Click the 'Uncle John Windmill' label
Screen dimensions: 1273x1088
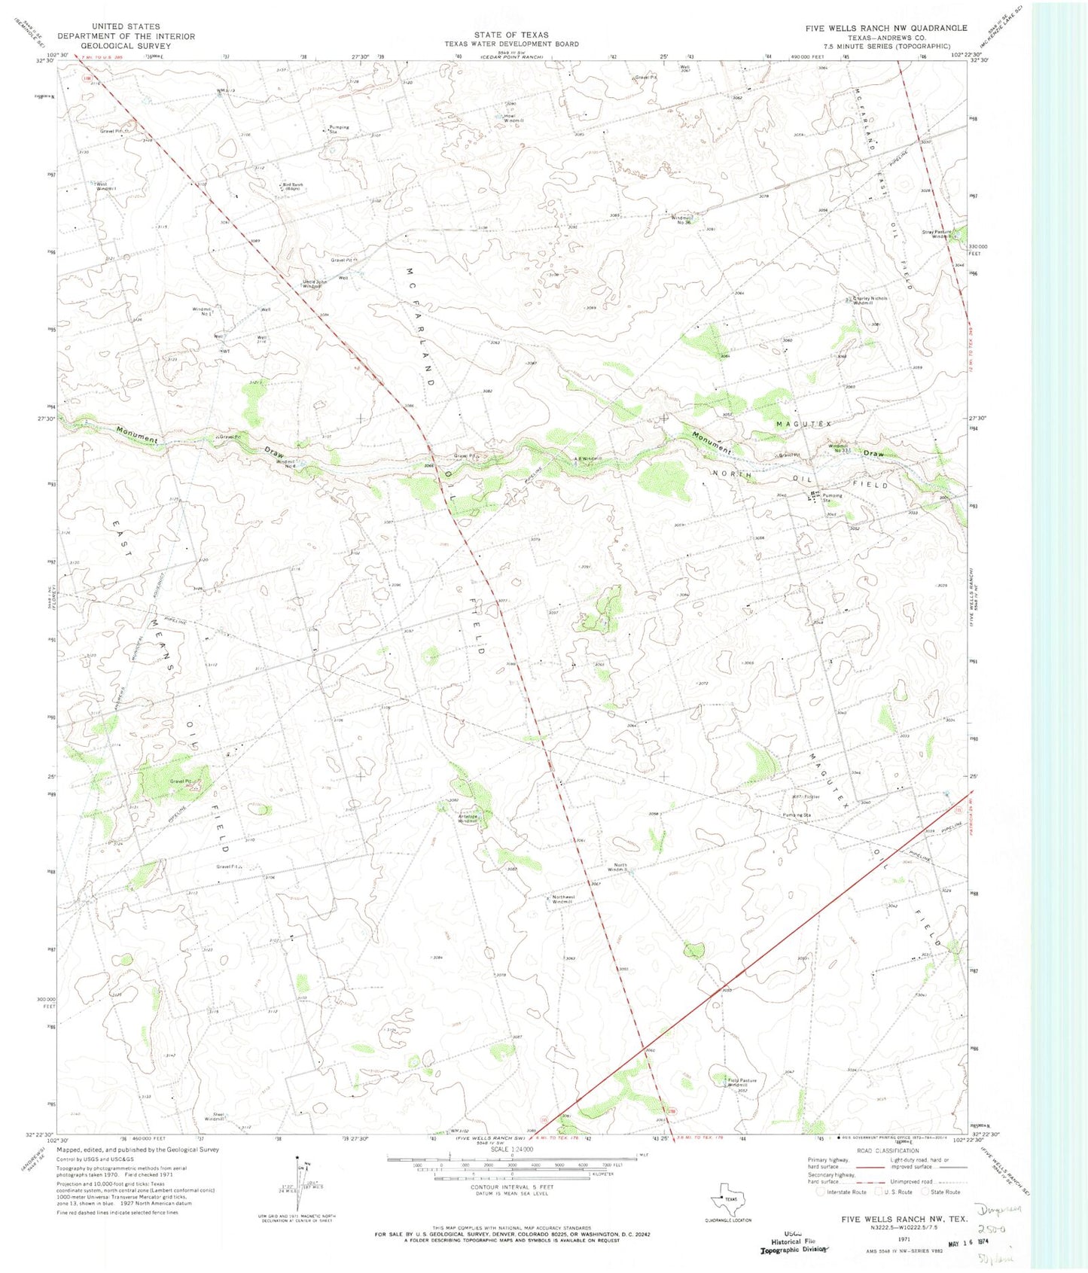coord(312,285)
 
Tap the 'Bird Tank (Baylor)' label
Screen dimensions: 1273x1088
coord(292,187)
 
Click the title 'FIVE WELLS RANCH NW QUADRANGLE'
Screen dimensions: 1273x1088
coord(886,28)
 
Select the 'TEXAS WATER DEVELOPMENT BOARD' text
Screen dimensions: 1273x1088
coord(511,44)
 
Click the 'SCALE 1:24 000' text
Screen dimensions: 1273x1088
coord(511,1150)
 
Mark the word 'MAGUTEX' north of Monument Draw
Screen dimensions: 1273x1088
coord(803,425)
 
